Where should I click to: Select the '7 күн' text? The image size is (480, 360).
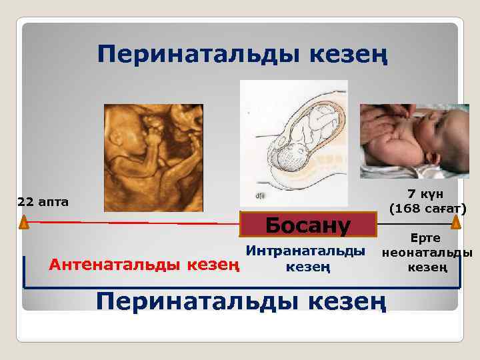(426, 194)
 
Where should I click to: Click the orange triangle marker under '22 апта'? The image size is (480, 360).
(24, 222)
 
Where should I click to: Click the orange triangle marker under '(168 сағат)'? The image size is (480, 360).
(456, 222)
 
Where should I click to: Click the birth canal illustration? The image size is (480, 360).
(293, 143)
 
